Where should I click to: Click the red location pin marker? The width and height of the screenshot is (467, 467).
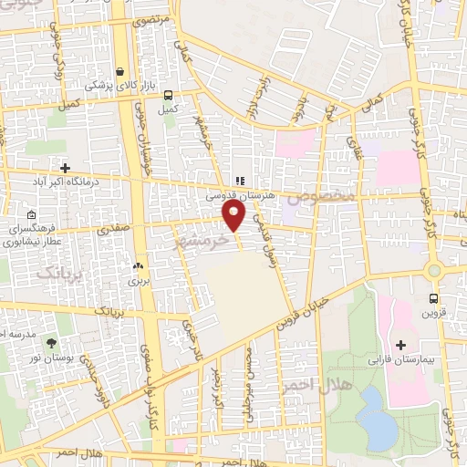click(233, 215)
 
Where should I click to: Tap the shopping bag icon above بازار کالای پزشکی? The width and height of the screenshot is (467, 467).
click(121, 71)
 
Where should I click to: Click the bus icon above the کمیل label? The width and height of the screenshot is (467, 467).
click(168, 94)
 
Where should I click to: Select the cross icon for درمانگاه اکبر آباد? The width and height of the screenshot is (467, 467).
click(65, 167)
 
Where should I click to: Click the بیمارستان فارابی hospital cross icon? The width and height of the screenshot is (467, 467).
click(400, 345)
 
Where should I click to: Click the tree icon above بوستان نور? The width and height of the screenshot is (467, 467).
click(50, 343)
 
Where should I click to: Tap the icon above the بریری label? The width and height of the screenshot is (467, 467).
click(139, 266)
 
